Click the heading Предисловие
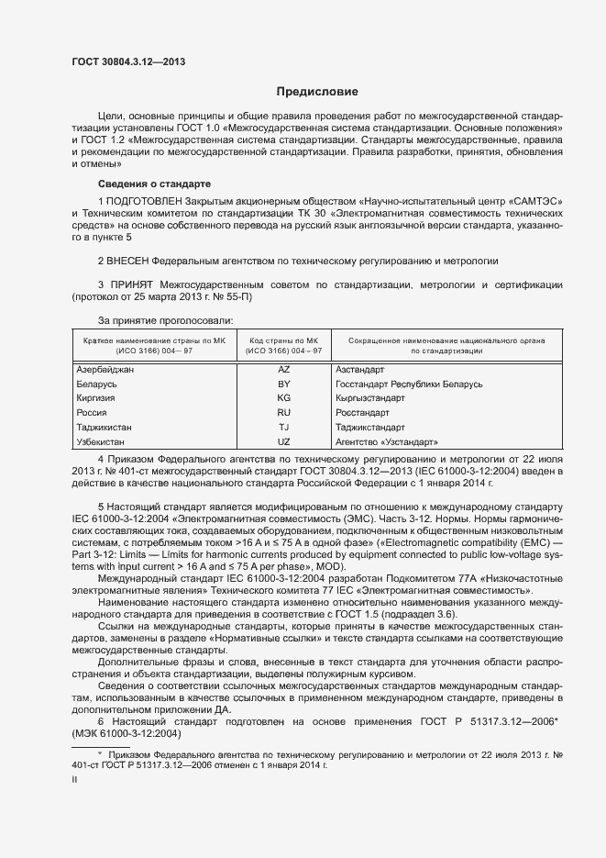click(317, 92)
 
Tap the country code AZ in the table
click(283, 369)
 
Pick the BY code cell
click(283, 384)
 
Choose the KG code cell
click(283, 398)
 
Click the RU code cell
click(283, 413)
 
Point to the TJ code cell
click(283, 428)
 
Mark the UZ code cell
click(283, 442)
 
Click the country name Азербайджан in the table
click(105, 369)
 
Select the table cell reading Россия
click(93, 413)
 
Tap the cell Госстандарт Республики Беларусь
click(409, 384)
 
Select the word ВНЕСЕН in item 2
click(128, 261)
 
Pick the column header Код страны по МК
click(286, 340)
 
